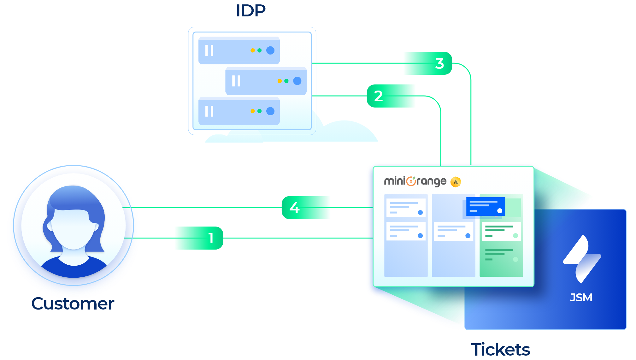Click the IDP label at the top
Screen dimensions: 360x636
point(251,11)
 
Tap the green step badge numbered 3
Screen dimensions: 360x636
point(427,63)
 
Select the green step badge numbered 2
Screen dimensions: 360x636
point(391,96)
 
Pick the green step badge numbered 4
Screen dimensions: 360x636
point(306,208)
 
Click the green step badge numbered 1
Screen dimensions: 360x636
point(199,238)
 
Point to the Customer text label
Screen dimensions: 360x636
point(73,304)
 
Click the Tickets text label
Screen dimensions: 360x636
point(500,350)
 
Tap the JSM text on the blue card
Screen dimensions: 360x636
point(581,298)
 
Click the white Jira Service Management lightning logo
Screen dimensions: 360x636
point(582,259)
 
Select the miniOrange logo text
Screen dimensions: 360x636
point(415,181)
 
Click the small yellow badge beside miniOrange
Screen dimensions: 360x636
point(456,182)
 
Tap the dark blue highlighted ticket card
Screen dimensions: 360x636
point(486,206)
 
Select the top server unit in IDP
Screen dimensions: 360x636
point(239,50)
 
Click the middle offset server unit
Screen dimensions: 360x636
point(266,81)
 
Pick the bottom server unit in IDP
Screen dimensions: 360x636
point(239,111)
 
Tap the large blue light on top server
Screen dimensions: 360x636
point(270,50)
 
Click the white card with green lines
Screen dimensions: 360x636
point(501,231)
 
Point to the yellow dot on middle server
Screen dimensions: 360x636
point(280,81)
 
